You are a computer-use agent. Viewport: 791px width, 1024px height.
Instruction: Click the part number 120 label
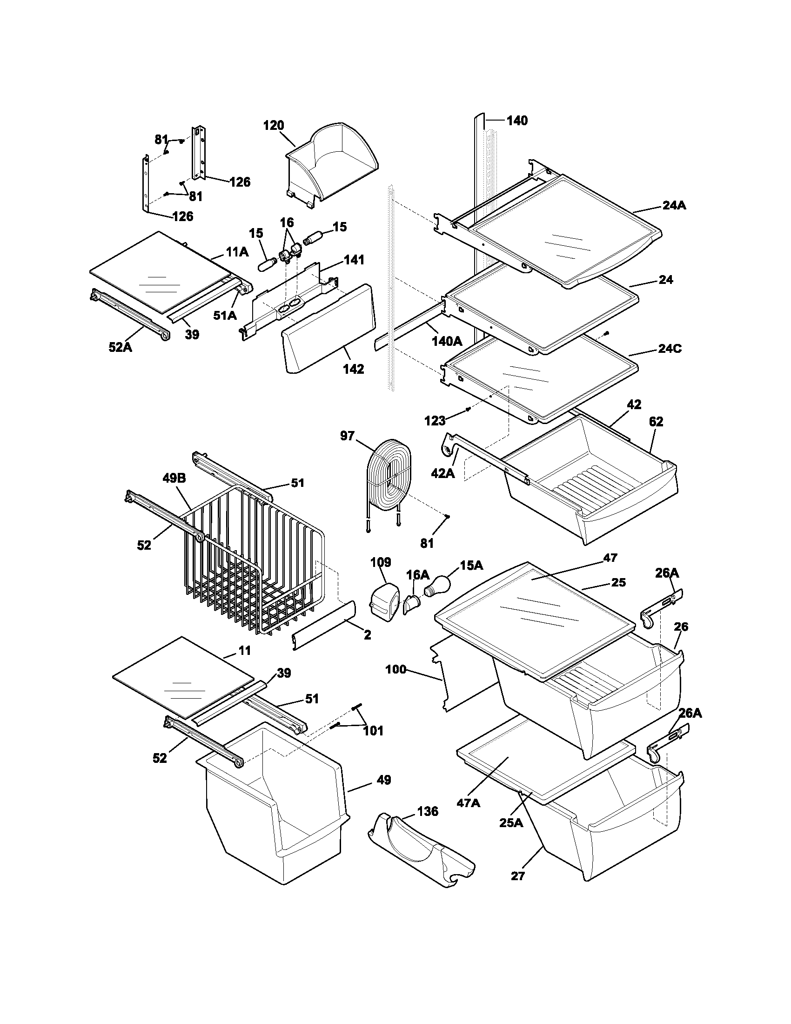[274, 126]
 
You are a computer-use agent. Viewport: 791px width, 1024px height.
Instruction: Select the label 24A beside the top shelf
[674, 205]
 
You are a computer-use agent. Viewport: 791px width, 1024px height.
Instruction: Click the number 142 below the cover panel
[353, 369]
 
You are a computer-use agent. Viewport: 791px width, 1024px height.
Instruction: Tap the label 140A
[447, 341]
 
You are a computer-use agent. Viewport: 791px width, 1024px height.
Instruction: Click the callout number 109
[381, 562]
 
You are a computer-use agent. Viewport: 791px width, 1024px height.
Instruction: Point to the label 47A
[469, 803]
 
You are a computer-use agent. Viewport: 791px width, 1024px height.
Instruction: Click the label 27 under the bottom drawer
[518, 876]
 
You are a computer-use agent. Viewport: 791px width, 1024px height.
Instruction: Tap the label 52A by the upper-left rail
[120, 347]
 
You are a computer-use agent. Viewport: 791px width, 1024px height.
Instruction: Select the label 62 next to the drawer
[656, 422]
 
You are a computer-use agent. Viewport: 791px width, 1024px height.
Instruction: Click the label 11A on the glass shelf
[237, 252]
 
